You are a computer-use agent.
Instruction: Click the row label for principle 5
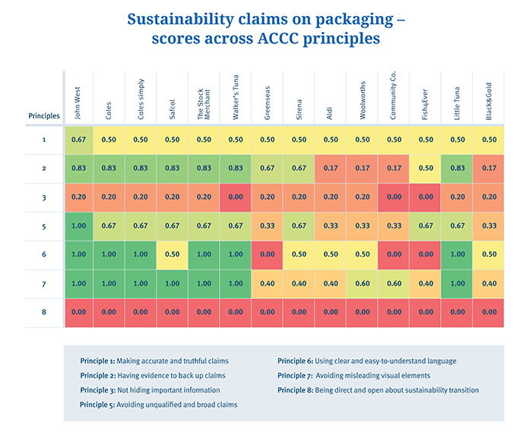pos(43,225)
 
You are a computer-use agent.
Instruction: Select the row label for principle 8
pos(43,312)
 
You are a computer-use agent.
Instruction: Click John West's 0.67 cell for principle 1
pos(79,140)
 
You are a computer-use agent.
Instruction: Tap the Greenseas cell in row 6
pos(268,254)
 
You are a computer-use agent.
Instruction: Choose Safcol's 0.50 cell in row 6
pos(173,254)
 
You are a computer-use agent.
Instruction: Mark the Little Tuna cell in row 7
pos(457,283)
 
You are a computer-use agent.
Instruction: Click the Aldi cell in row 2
pos(331,169)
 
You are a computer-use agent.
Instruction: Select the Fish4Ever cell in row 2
pos(426,169)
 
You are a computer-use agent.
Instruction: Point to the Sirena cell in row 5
pos(299,225)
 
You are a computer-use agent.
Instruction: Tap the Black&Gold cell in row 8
pos(489,312)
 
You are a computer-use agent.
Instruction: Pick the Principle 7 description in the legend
pos(344,376)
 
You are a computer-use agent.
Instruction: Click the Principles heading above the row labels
pos(43,115)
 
